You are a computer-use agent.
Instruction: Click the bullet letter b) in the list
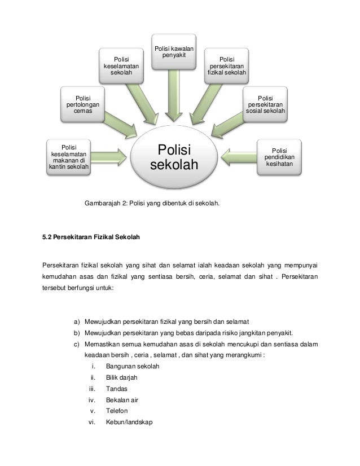(77, 333)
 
